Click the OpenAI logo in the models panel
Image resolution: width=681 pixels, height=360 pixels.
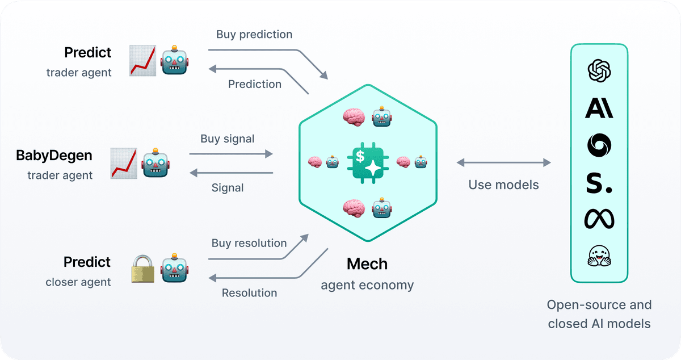point(599,71)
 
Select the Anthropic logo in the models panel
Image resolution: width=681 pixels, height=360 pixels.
point(599,108)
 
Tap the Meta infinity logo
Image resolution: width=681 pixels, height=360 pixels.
point(599,219)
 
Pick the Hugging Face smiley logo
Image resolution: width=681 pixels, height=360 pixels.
point(599,256)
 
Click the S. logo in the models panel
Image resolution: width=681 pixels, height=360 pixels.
point(599,183)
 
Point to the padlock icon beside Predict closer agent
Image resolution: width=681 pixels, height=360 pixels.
point(142,269)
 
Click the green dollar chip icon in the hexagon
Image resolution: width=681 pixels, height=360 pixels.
point(368,163)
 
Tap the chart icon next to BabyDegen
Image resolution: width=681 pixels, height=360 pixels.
point(124,163)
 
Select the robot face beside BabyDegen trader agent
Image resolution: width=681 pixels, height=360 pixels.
point(155,162)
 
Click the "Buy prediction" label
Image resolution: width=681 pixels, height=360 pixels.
point(254,35)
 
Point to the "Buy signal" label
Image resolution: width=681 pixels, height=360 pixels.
point(227,139)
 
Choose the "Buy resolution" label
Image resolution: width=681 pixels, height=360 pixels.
point(249,243)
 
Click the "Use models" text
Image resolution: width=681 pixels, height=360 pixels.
point(503,185)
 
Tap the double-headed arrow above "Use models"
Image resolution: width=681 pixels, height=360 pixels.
point(504,162)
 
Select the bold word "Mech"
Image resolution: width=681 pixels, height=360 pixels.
point(367,264)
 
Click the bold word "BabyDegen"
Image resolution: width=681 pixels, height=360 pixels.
point(54,156)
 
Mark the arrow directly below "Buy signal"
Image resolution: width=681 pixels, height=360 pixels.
point(231,154)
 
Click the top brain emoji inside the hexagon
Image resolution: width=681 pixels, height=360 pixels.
point(354,117)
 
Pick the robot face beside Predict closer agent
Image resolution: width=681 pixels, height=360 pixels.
point(175,268)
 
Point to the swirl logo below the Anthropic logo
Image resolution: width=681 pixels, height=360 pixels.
point(599,145)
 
